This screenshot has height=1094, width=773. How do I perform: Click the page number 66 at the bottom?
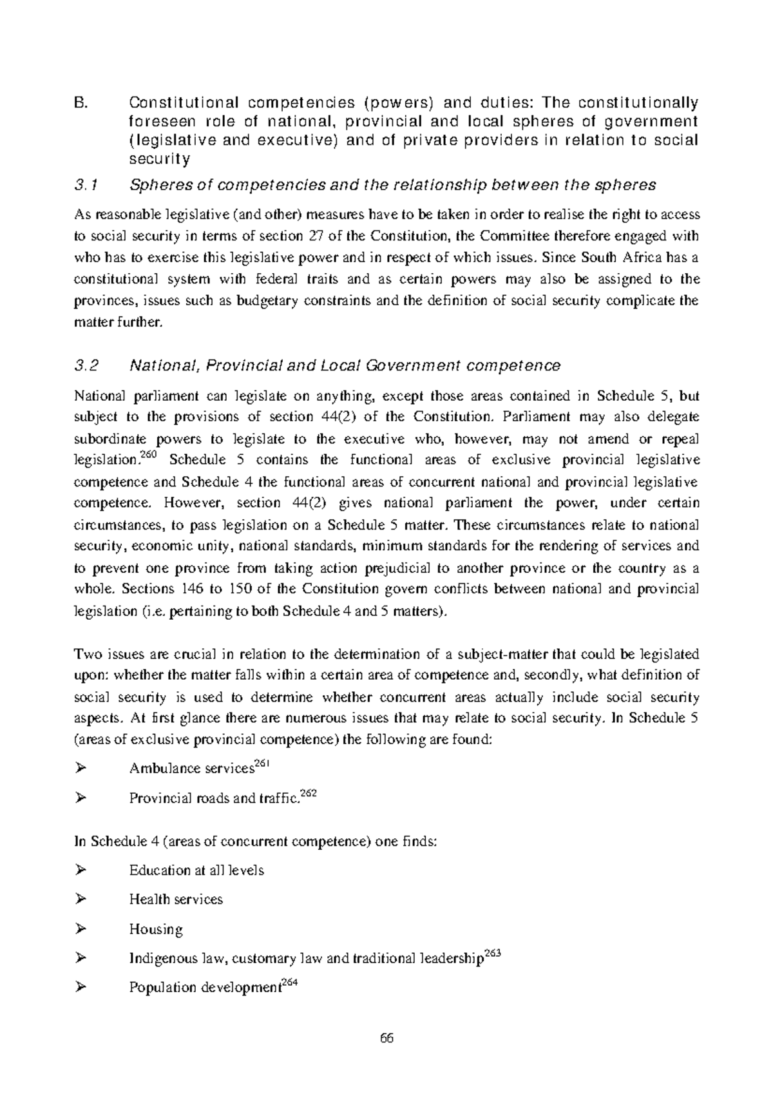[386, 1039]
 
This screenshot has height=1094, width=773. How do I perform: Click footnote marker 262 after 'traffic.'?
[309, 794]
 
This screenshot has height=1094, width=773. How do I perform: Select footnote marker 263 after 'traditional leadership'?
[492, 954]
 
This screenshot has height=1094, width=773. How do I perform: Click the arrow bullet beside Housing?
[81, 928]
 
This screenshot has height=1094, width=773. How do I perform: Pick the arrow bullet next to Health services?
[81, 899]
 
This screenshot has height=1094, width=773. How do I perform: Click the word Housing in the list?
[156, 929]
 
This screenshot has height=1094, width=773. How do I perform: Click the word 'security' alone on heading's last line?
[159, 159]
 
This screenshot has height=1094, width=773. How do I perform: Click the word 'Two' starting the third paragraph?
[86, 655]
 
